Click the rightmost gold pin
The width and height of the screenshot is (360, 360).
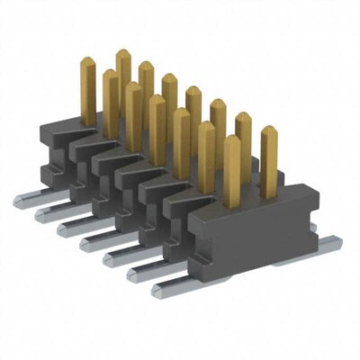point(268,162)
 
